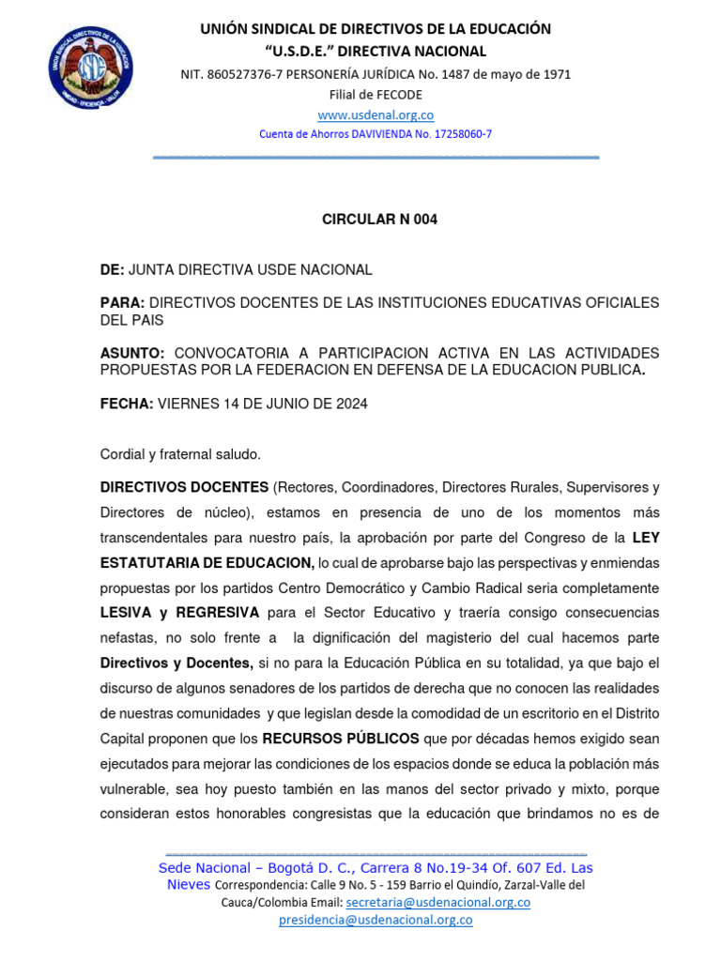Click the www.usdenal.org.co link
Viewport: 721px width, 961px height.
[376, 114]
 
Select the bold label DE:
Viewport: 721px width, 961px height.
[112, 270]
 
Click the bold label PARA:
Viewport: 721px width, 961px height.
[122, 303]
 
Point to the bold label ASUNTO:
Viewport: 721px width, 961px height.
[132, 353]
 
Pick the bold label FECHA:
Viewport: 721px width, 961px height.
[126, 404]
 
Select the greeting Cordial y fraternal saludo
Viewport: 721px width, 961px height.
[180, 454]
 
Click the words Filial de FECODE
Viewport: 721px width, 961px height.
[376, 94]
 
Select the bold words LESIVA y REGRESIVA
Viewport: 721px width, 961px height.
[179, 612]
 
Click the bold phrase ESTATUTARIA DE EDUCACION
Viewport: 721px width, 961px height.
[207, 562]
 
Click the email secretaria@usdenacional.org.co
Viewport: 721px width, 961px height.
[437, 902]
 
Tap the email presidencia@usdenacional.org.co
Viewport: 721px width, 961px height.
[376, 920]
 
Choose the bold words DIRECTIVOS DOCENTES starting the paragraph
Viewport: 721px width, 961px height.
[184, 487]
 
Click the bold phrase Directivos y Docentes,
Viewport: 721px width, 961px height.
[176, 663]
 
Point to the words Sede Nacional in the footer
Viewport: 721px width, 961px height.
[204, 868]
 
